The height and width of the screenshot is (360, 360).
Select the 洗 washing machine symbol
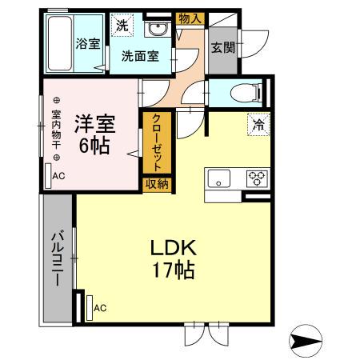121,26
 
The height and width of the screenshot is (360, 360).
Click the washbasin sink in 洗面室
157,30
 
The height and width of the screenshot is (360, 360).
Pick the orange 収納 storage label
157,184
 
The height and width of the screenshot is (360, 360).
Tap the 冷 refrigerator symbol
258,124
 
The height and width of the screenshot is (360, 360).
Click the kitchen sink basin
219,178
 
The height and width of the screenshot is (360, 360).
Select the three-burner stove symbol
257,178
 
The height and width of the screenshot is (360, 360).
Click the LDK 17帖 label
174,258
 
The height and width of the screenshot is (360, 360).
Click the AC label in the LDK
100,307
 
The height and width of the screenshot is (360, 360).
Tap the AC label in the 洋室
59,176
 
